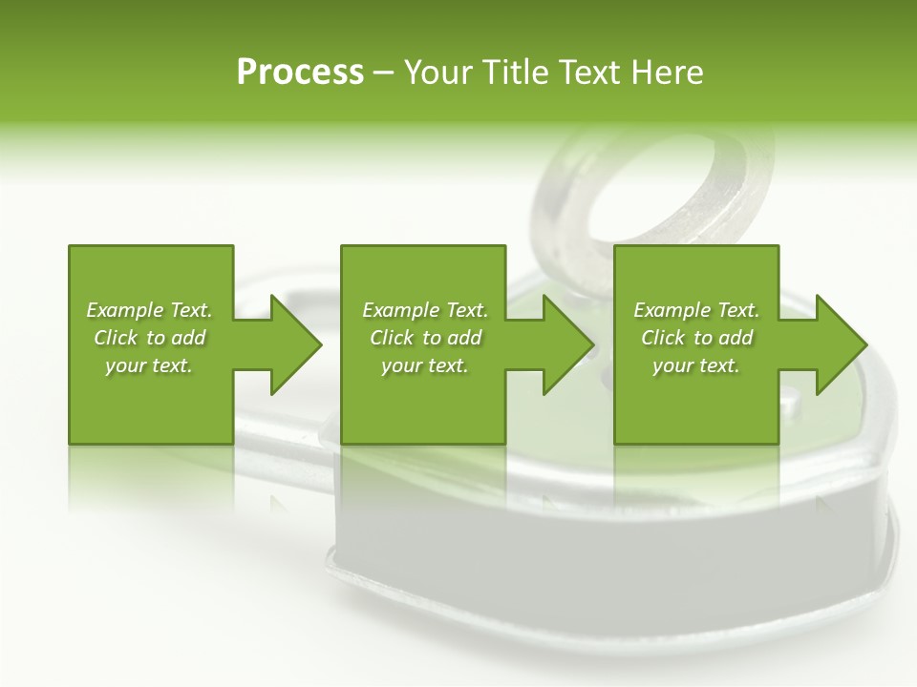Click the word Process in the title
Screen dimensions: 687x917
click(300, 73)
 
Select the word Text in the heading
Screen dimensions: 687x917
click(588, 73)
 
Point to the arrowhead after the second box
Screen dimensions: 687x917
click(567, 344)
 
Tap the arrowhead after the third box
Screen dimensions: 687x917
click(841, 344)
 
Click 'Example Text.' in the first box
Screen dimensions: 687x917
click(149, 310)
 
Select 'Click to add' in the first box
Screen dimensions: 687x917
click(149, 338)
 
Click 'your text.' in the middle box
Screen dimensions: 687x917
click(424, 365)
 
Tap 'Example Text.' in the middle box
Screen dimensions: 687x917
click(425, 310)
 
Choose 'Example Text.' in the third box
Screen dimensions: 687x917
click(696, 310)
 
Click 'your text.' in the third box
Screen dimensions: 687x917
click(695, 365)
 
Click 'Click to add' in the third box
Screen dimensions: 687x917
click(696, 338)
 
